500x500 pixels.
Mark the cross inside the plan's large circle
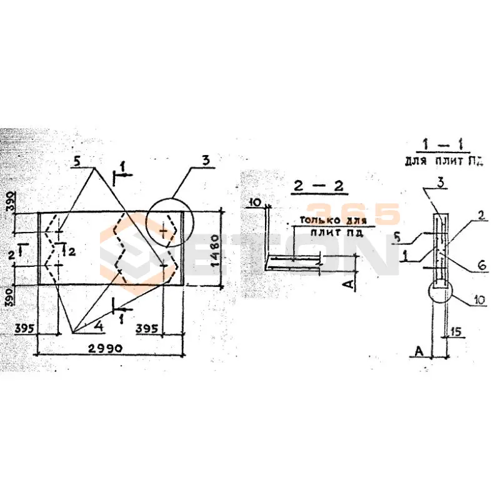click(164, 232)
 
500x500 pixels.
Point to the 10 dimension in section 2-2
click(254, 202)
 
